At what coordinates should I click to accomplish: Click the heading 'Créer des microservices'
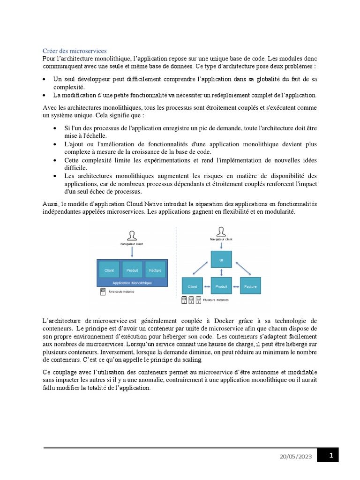[75, 51]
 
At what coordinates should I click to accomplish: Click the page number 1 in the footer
[331, 455]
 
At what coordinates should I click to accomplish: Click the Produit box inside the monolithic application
[132, 270]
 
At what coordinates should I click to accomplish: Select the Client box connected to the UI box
[192, 286]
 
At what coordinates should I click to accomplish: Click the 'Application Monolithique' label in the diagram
[132, 283]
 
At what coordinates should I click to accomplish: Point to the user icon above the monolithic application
[133, 235]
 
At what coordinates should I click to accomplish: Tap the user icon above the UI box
[222, 231]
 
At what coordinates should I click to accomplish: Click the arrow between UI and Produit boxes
[221, 272]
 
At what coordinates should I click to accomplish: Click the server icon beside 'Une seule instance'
[102, 291]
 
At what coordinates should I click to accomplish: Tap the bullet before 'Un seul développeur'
[44, 80]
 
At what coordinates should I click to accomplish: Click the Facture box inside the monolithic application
[155, 270]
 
